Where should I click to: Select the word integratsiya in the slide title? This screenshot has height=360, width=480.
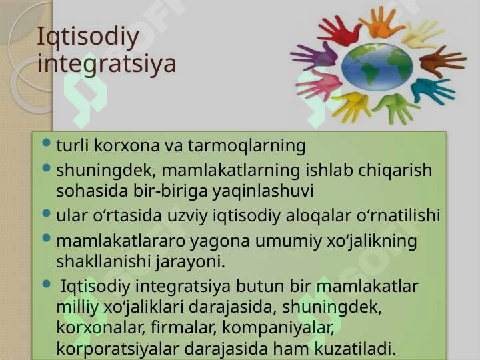pos(107,64)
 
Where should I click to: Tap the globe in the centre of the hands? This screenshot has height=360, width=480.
pos(377,67)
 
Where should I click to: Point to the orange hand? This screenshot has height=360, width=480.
pos(381,23)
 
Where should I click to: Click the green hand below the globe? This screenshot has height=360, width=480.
pos(395,107)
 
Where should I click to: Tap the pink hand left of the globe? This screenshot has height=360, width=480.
pos(319,85)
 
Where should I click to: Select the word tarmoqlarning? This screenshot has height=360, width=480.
pos(247,146)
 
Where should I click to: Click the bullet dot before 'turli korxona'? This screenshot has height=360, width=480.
pos(47,143)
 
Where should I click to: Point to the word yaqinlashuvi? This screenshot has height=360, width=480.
pos(263,191)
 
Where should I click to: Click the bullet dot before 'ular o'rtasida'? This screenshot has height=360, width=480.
pos(47,213)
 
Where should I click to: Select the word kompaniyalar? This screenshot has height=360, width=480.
pos(278,327)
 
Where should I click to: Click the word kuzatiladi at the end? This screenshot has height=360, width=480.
pos(355,348)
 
